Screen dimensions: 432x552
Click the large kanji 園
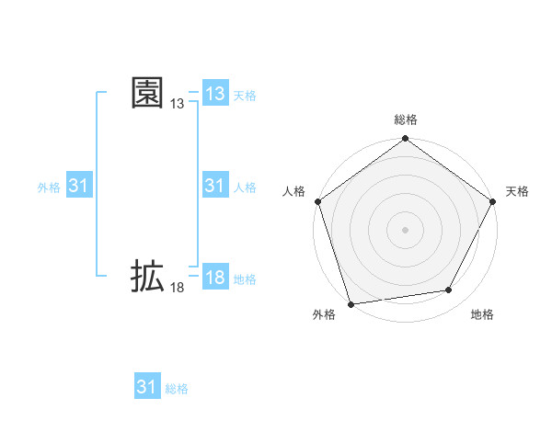coord(148,93)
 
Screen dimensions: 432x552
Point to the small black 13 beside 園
coord(178,105)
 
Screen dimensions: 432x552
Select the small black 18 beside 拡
coord(178,288)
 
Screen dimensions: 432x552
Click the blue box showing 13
coord(215,94)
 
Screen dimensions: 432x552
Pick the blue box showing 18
coord(215,278)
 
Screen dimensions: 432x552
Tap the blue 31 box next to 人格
coord(215,186)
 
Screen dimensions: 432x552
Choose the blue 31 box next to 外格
coord(79,186)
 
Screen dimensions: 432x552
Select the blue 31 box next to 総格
coord(147,387)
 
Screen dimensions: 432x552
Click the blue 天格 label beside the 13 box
coord(245,96)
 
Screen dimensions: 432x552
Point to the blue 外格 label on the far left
coord(49,188)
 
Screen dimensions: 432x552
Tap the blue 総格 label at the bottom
coord(177,389)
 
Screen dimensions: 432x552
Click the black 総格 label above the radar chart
coord(406,120)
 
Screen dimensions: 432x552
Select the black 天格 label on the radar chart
coord(518,191)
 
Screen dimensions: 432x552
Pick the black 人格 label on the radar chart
coord(294,191)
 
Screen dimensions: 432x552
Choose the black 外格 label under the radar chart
coord(324,315)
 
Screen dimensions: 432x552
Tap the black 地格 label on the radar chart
coord(482,315)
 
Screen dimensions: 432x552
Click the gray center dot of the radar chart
coord(406,229)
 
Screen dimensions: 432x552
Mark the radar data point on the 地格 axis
coord(449,290)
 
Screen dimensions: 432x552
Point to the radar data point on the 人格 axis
coord(318,201)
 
